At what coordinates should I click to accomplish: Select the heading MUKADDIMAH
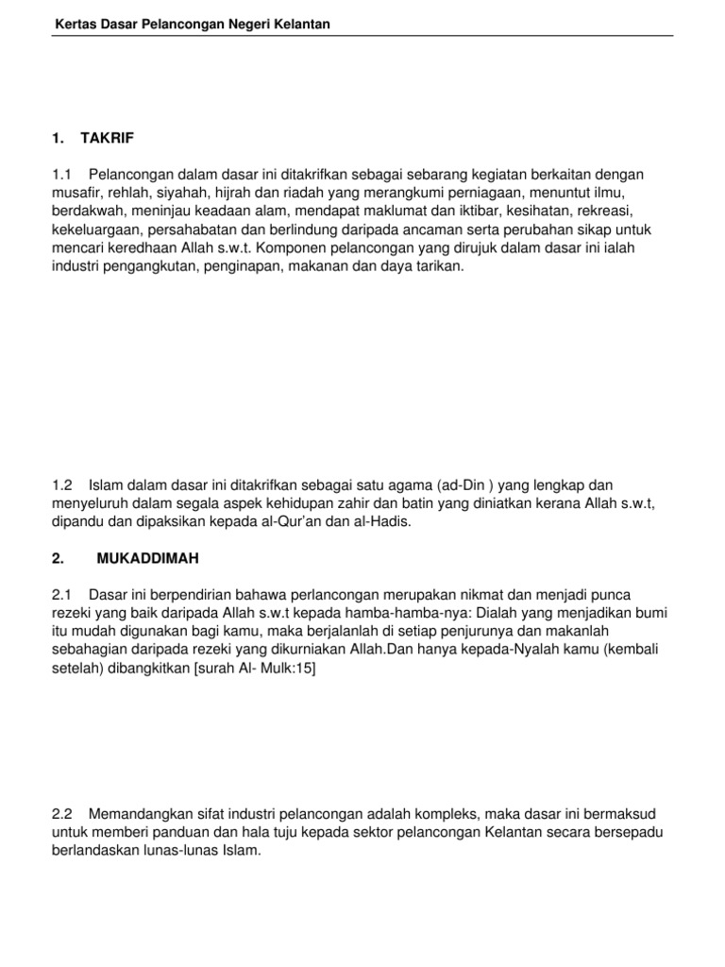pyautogui.click(x=148, y=559)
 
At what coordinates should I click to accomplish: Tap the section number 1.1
pyautogui.click(x=63, y=176)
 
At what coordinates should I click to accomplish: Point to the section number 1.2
pyautogui.click(x=63, y=484)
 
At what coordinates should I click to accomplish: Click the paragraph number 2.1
pyautogui.click(x=63, y=594)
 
